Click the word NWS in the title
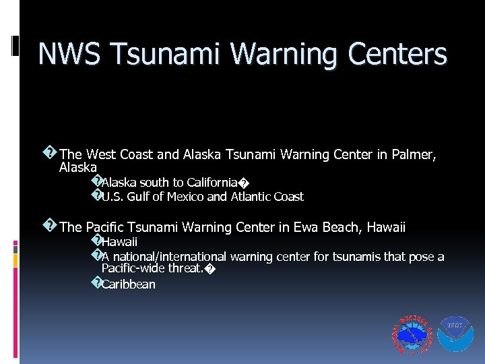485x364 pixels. tap(67, 54)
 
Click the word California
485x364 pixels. tap(212, 183)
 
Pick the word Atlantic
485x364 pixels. tap(251, 197)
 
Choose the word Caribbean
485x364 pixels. tap(129, 284)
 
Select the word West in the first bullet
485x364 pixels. tap(102, 155)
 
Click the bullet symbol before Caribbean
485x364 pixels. tap(96, 283)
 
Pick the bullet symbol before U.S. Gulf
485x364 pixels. tap(96, 195)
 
